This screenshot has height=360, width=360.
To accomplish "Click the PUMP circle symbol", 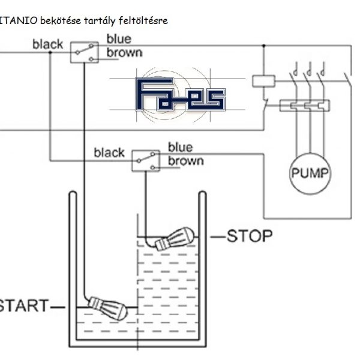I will (x=310, y=174).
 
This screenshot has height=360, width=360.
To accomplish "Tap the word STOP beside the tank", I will (x=250, y=235).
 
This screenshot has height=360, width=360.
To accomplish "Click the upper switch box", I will (x=84, y=52).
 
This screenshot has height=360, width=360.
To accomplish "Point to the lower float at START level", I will (x=108, y=307).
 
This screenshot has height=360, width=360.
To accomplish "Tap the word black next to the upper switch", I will (x=49, y=44).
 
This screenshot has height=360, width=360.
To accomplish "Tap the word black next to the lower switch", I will (x=109, y=153).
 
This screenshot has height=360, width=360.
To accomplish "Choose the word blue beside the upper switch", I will (x=119, y=39).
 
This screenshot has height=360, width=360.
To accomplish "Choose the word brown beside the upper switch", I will (x=125, y=52).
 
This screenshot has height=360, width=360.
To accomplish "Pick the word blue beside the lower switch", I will (x=180, y=147).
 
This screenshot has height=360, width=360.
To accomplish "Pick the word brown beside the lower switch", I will (x=185, y=161).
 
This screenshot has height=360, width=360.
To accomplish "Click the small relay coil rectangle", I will (x=261, y=80).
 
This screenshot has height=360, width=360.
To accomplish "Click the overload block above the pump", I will (x=302, y=106).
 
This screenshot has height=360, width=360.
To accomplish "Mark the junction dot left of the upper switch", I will (x=50, y=52).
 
